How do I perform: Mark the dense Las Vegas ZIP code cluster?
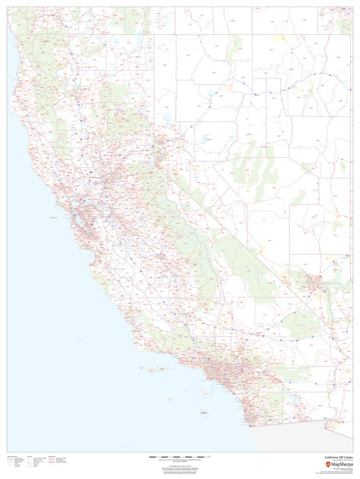point(314,284)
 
